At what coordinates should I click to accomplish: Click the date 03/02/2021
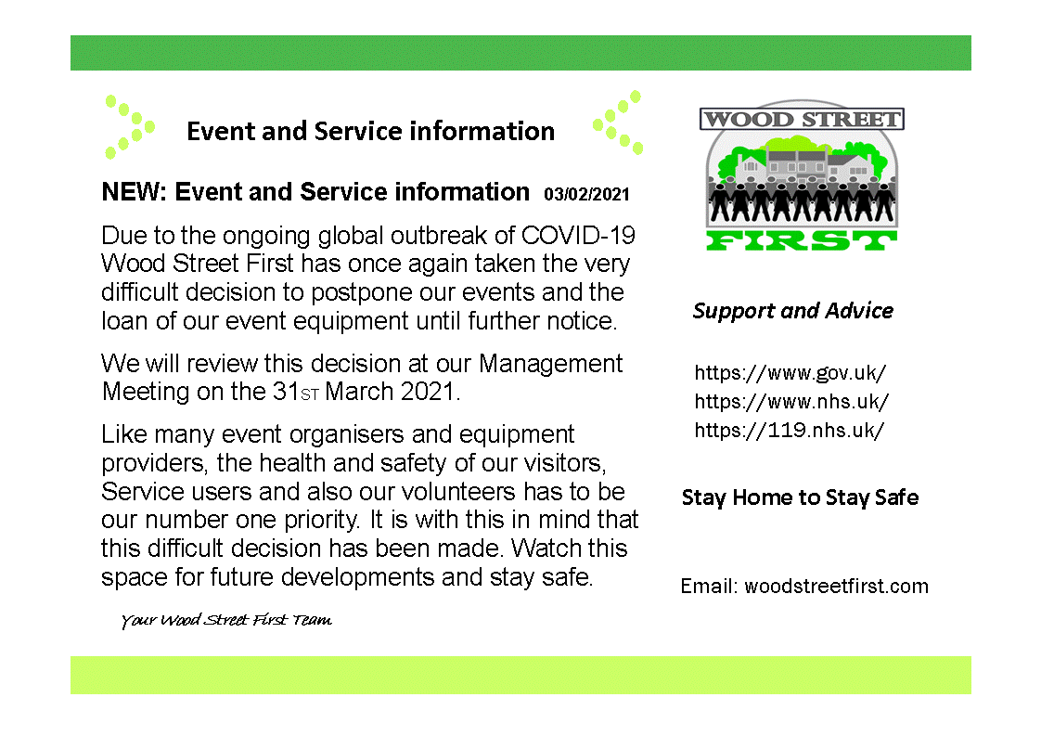(x=586, y=194)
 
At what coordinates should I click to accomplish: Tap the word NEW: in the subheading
(x=134, y=192)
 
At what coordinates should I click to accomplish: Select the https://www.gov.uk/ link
(x=790, y=373)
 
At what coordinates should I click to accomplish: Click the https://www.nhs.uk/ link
(x=791, y=401)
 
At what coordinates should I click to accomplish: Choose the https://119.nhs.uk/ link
(x=790, y=430)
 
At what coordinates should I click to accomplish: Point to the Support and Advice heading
(x=792, y=311)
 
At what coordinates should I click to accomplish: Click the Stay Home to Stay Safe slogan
(x=800, y=497)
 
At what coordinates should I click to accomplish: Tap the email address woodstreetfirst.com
(x=837, y=587)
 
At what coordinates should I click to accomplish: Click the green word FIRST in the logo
(x=802, y=240)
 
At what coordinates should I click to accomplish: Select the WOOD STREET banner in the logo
(x=802, y=120)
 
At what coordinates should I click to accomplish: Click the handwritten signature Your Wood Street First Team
(x=226, y=620)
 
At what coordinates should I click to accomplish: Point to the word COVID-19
(x=578, y=236)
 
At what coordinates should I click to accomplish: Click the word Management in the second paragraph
(x=550, y=364)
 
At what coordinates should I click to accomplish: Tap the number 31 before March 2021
(x=286, y=392)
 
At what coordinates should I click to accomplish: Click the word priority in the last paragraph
(x=322, y=520)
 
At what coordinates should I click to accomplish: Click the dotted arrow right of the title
(x=618, y=123)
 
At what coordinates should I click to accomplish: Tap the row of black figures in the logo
(x=802, y=200)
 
